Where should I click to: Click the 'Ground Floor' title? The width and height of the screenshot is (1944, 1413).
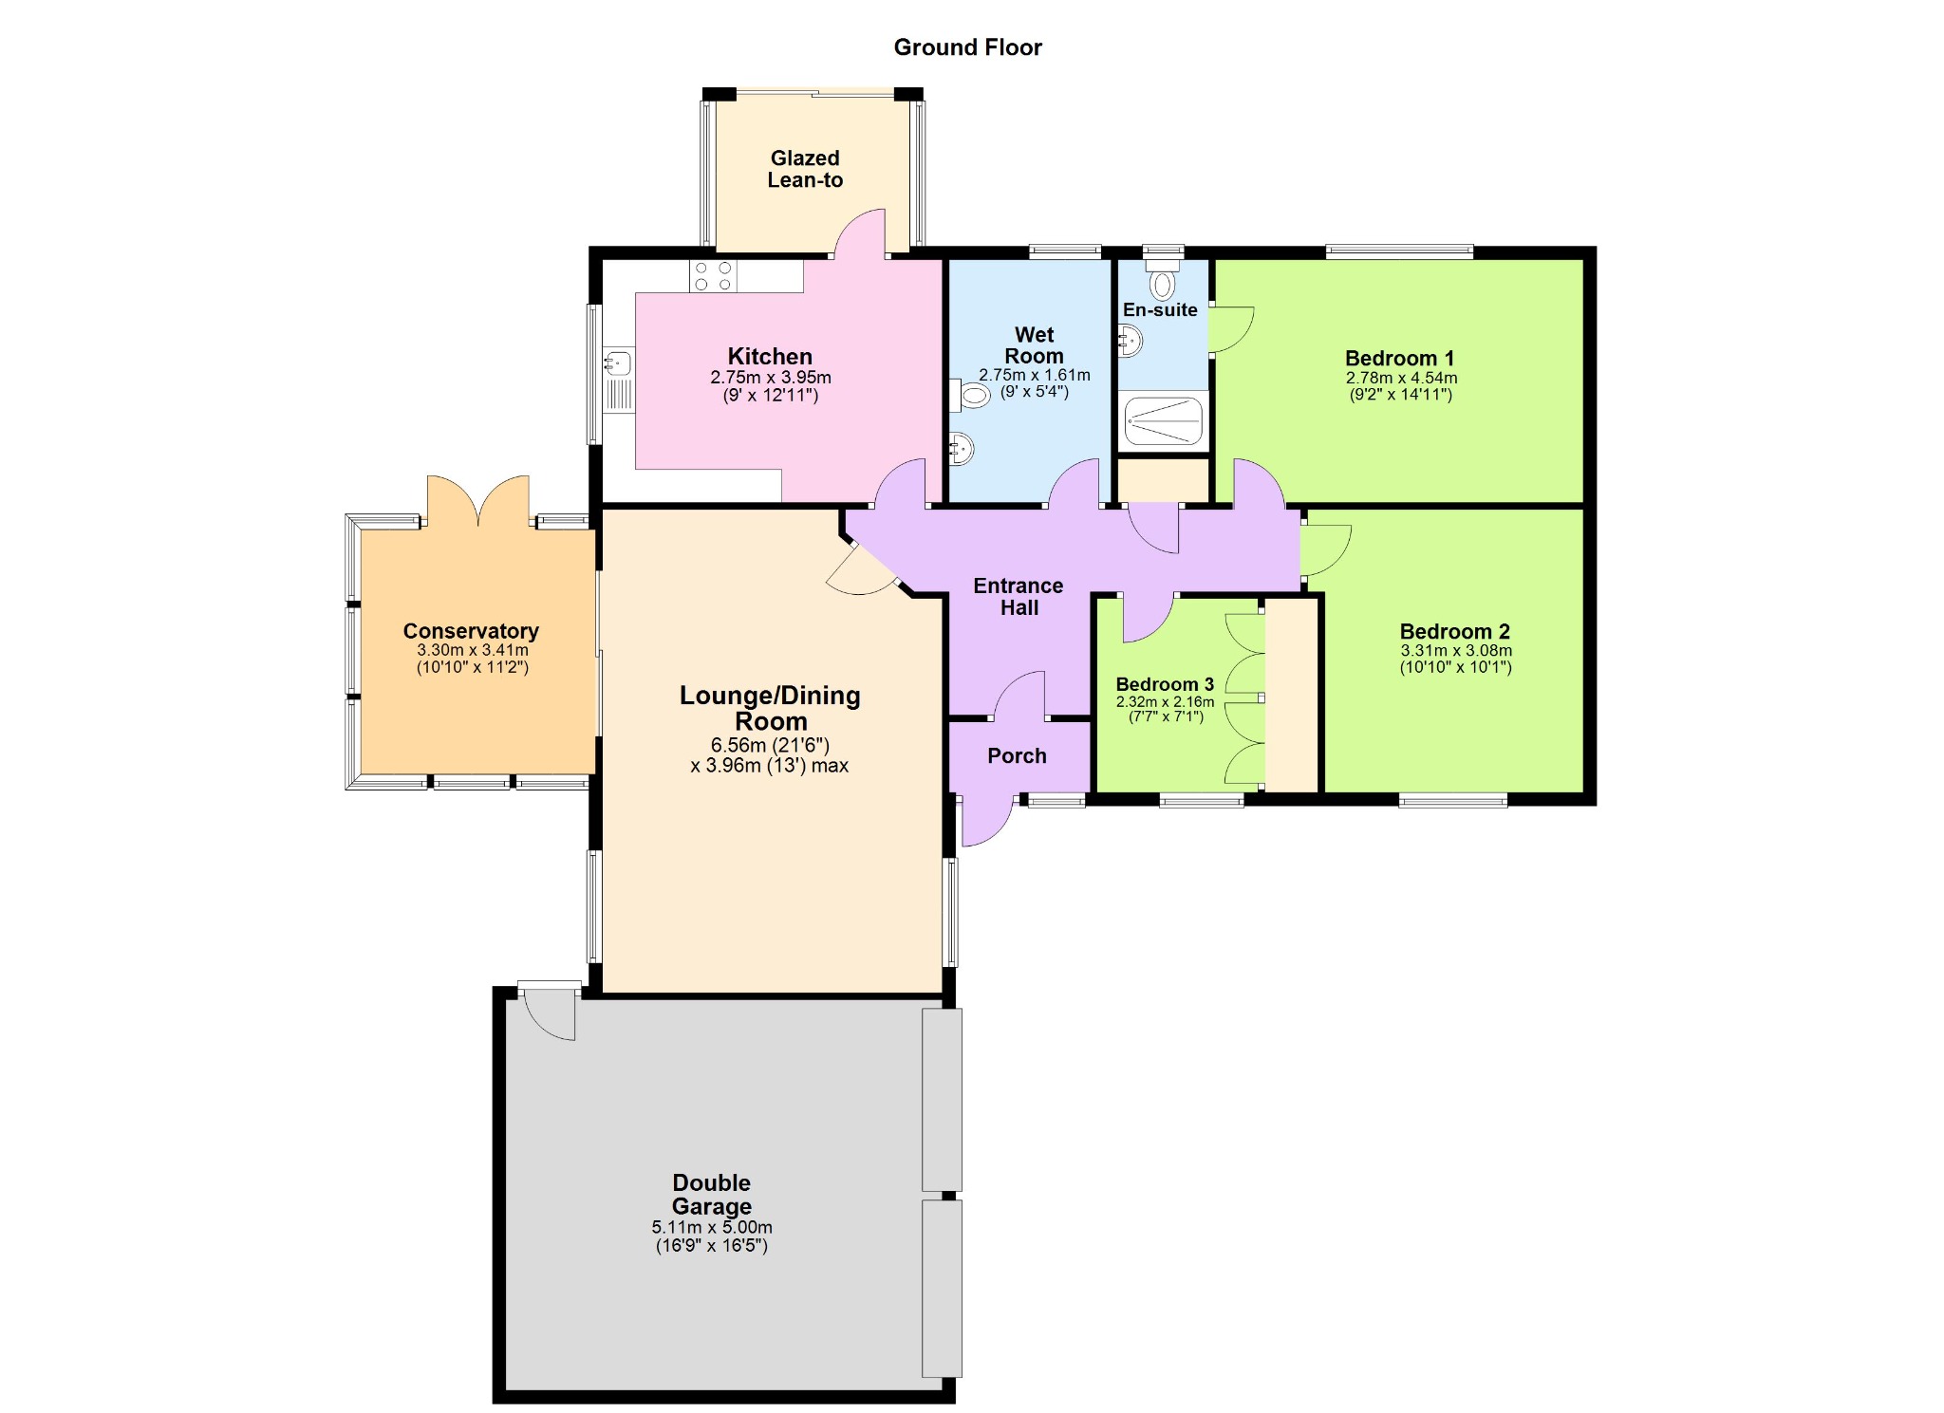tap(967, 47)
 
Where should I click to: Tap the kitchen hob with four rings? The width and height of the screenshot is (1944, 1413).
tap(714, 276)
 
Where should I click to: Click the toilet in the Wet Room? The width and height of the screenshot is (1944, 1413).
tap(969, 395)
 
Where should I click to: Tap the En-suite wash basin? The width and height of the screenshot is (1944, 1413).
tap(1130, 341)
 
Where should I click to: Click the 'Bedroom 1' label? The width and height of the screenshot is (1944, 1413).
tap(1399, 359)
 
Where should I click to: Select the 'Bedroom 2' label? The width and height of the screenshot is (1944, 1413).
tap(1454, 632)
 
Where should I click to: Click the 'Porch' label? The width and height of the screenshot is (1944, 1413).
tap(1017, 756)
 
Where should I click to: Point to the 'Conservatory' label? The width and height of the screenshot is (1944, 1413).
tap(471, 631)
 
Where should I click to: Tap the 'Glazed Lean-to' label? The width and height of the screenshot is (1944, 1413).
tap(805, 170)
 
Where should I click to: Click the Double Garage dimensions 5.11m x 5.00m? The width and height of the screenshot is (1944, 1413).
tap(712, 1227)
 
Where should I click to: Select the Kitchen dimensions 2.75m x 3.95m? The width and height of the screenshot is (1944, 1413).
tap(771, 378)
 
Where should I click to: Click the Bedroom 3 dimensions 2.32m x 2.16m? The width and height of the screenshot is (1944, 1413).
tap(1165, 702)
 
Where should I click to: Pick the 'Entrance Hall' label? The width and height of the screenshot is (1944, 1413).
tap(1019, 597)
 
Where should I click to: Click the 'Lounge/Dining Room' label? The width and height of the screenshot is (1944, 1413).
tap(770, 708)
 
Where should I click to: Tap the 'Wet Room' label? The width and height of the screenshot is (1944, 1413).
tap(1034, 345)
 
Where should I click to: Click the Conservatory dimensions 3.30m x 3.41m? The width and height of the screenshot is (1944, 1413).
tap(473, 651)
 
